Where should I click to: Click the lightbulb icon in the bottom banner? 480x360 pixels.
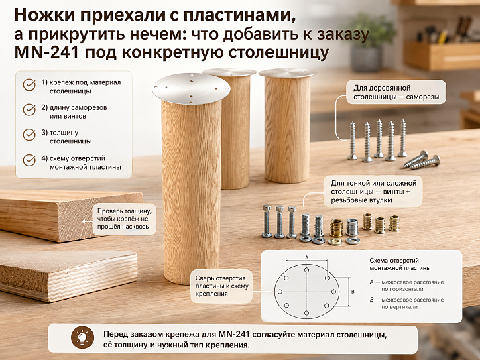82,337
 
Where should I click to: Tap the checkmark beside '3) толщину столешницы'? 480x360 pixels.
29,135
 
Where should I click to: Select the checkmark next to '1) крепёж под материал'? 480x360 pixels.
29,84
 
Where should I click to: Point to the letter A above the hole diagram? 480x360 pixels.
307,257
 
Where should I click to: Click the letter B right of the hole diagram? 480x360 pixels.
353,292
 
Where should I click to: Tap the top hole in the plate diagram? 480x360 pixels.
307,270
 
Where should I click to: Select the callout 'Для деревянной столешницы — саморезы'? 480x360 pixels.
396,93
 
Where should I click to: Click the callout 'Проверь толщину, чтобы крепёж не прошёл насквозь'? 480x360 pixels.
124,219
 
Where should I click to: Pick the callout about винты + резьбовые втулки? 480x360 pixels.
373,192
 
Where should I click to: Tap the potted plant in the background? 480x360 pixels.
370,42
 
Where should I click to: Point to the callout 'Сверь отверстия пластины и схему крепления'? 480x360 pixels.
222,286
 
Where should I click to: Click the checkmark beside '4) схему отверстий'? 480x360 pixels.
29,160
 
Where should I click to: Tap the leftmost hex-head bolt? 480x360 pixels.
267,221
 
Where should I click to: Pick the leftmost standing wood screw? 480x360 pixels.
353,141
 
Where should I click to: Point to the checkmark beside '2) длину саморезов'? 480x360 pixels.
29,109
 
